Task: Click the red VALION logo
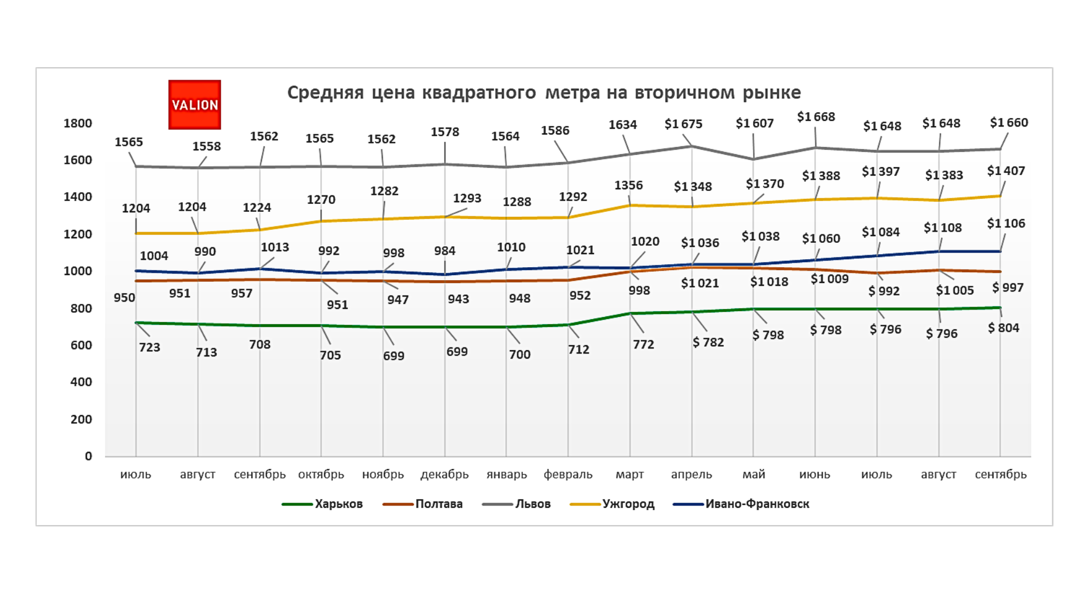(194, 104)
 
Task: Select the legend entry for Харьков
(338, 504)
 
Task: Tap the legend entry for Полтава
(439, 504)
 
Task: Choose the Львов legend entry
(532, 504)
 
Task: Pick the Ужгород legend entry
(628, 504)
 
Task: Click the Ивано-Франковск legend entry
(757, 504)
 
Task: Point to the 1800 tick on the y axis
(78, 124)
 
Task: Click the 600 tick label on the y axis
(81, 345)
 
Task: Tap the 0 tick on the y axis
(89, 456)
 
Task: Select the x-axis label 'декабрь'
(444, 474)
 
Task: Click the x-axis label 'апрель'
(691, 474)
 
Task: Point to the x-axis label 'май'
(754, 474)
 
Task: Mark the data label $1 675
(683, 124)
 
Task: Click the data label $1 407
(1006, 171)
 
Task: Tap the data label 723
(150, 347)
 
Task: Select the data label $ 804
(1003, 328)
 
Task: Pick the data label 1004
(154, 256)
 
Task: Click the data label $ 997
(1008, 287)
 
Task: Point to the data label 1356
(628, 185)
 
